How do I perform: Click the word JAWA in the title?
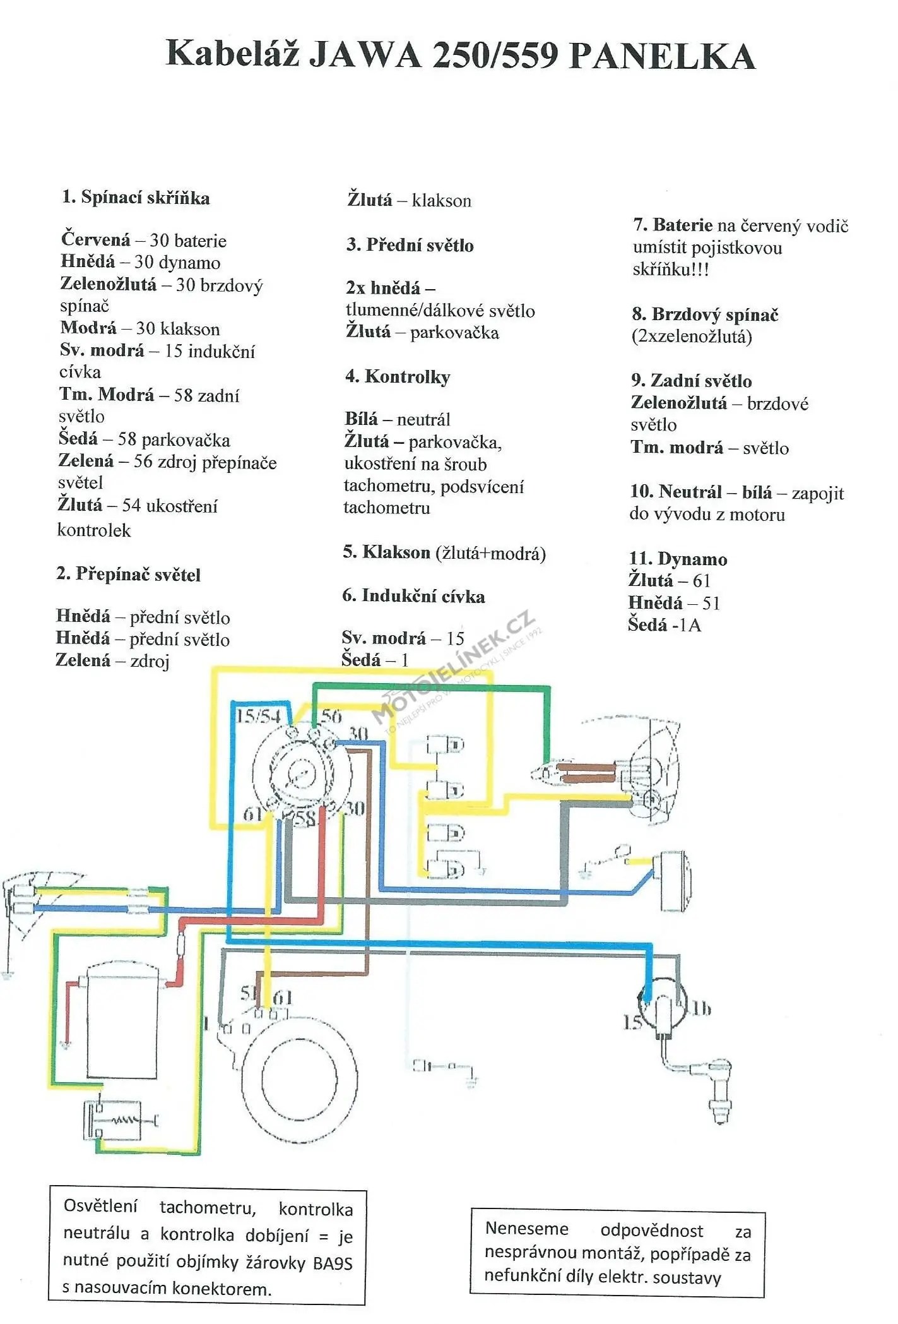click(x=364, y=54)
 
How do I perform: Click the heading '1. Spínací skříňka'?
click(x=136, y=198)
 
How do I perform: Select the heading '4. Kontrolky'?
click(x=398, y=377)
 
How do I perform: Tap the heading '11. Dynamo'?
click(x=678, y=559)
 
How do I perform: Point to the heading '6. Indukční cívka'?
click(x=413, y=596)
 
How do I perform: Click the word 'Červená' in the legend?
click(x=95, y=240)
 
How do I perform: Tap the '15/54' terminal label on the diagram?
click(x=258, y=716)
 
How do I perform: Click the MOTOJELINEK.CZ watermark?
click(x=454, y=669)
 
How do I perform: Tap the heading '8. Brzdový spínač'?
click(x=705, y=314)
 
